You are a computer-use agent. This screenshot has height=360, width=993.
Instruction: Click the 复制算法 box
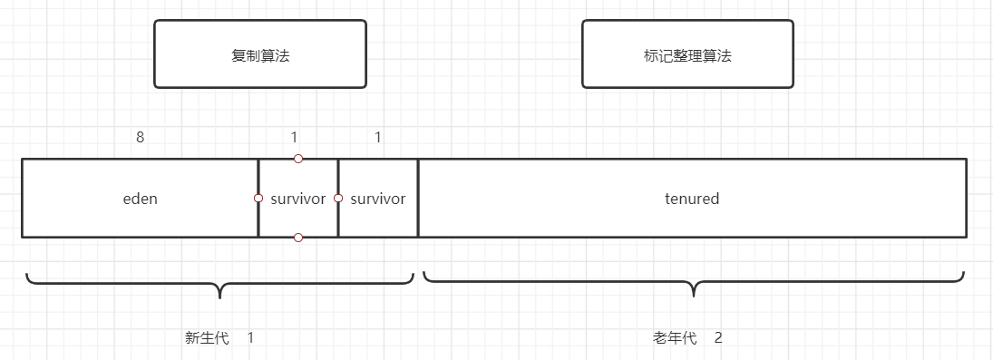(260, 54)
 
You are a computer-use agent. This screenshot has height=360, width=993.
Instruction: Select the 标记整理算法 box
(687, 54)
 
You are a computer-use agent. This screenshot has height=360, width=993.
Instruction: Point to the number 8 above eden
(140, 138)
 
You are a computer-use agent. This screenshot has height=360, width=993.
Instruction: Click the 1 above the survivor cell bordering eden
(294, 138)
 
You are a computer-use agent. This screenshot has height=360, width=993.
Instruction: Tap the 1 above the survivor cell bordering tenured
(378, 138)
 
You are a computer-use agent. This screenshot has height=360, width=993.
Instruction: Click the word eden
(140, 199)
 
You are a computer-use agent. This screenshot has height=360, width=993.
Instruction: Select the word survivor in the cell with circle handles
(298, 199)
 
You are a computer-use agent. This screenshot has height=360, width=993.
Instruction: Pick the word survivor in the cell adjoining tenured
(378, 199)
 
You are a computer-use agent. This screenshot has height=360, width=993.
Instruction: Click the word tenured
(692, 199)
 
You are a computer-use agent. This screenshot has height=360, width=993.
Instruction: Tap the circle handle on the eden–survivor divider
(258, 198)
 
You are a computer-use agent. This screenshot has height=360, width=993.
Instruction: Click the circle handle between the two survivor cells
(338, 198)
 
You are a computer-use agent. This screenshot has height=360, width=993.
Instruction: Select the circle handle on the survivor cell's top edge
(298, 159)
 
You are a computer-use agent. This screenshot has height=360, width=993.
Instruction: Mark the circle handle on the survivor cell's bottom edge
(298, 238)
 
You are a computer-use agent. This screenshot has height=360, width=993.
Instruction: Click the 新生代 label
(207, 338)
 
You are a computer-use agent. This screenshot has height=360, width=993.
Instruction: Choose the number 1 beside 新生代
(250, 338)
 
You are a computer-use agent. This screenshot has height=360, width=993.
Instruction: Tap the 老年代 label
(675, 338)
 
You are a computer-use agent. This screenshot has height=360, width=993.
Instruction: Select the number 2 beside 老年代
(718, 338)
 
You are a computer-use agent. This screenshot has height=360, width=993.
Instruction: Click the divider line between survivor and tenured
(418, 218)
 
